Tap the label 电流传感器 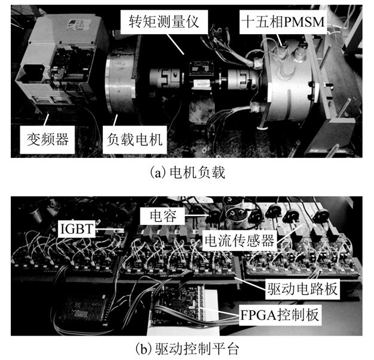(x=239, y=240)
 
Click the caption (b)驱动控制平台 (x=187, y=347)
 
